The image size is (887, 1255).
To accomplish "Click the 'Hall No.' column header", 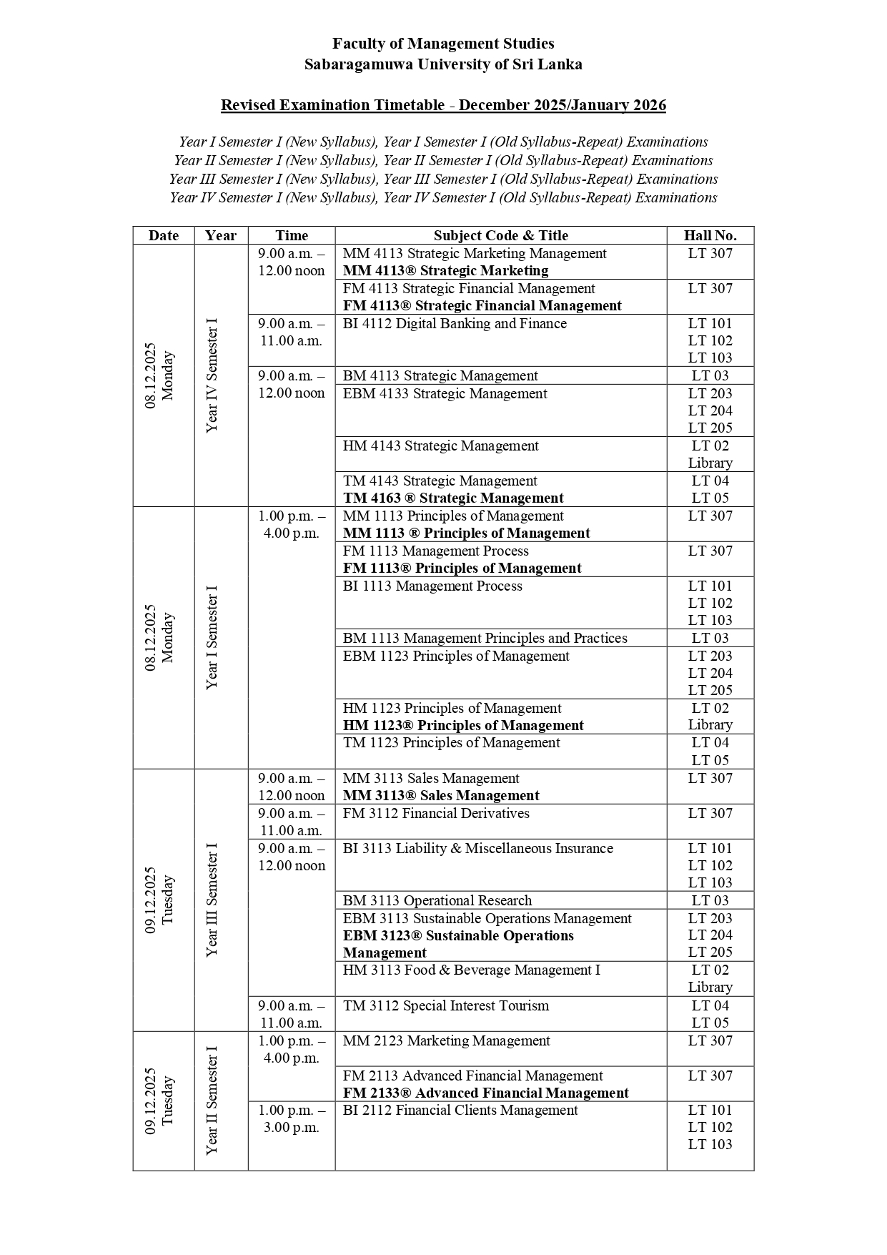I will point(710,235).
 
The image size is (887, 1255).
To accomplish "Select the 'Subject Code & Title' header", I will point(500,235).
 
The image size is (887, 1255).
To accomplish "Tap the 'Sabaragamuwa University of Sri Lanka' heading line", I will point(443,64).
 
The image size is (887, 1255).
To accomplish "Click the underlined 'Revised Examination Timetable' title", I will point(443,105).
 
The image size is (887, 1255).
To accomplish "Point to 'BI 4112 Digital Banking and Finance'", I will point(455,324).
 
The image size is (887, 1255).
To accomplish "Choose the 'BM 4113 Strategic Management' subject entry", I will point(440,376).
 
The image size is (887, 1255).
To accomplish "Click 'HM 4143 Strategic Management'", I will point(440,446).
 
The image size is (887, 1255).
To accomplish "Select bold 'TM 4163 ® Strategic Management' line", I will point(453,498).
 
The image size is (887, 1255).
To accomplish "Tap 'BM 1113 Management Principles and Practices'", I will point(485,639).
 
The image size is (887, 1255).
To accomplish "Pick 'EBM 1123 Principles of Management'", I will point(456,656).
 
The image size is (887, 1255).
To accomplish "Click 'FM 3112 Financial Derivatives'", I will point(436,814).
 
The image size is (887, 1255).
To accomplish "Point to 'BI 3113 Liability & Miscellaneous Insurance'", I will point(477,849).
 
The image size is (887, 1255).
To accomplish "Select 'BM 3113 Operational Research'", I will point(437,901).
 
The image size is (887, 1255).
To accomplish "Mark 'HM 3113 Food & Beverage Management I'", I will point(471,970).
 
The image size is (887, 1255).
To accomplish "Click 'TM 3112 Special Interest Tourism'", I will point(446,1006).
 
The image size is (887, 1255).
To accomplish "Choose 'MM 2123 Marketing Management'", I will point(446,1041).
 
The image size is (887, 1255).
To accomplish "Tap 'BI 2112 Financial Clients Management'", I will point(460,1111).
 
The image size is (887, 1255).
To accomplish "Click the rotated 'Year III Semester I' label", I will point(212,900).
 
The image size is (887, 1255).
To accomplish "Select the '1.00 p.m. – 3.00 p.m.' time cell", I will point(292,1119).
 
